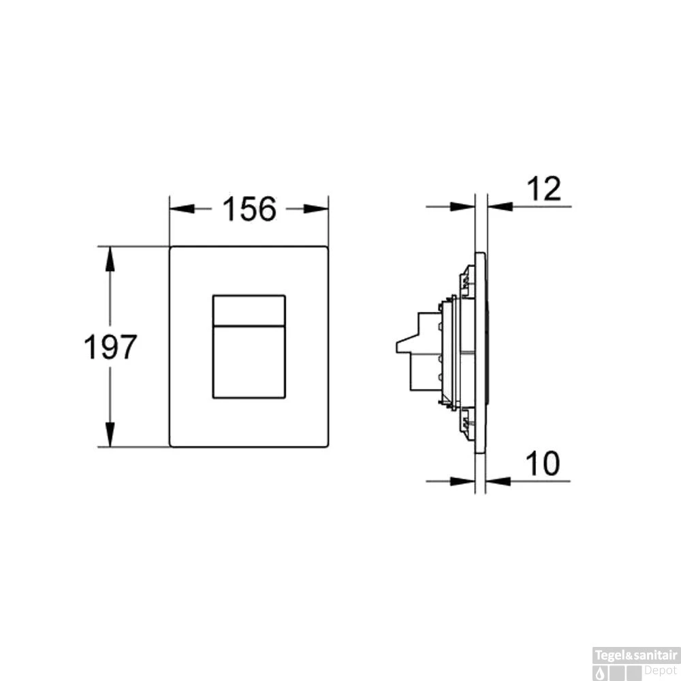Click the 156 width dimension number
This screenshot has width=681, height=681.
(x=249, y=208)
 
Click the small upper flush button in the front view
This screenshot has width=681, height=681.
(x=249, y=310)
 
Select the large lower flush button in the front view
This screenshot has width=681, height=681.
(x=249, y=361)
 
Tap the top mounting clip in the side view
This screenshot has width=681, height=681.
(x=466, y=279)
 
